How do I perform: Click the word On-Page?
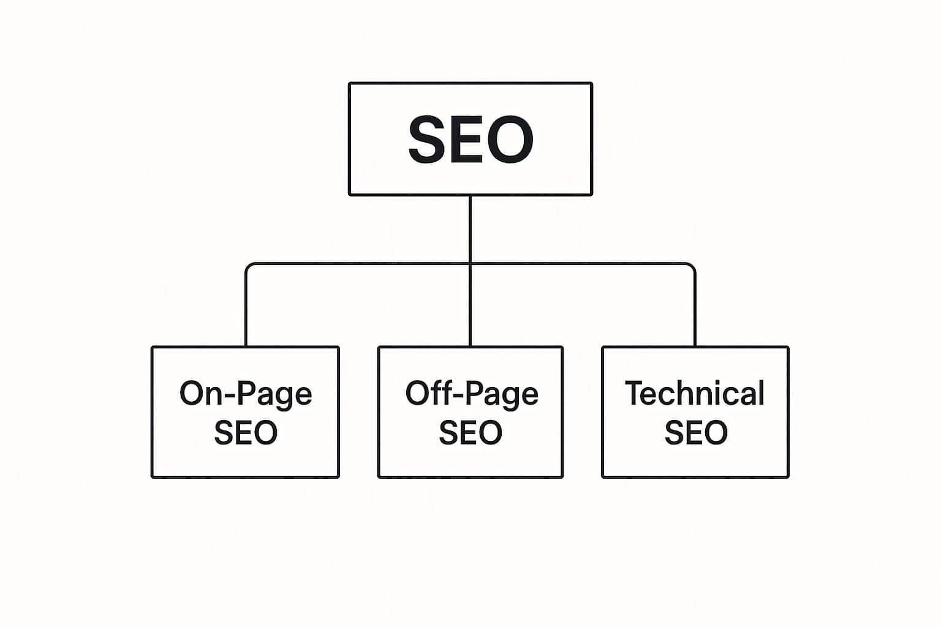coord(246,394)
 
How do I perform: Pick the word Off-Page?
coord(471,394)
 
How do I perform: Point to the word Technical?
coord(695,394)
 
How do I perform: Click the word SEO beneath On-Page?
coord(246,432)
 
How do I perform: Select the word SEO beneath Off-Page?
coord(470,432)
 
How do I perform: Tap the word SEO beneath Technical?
coord(696,432)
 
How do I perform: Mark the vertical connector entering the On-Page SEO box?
coord(246,312)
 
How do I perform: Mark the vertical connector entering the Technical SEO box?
coord(695,312)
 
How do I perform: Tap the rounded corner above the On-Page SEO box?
coord(248,266)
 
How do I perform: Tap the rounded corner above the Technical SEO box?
coord(692,266)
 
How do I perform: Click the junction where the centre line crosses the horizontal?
coord(470,264)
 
